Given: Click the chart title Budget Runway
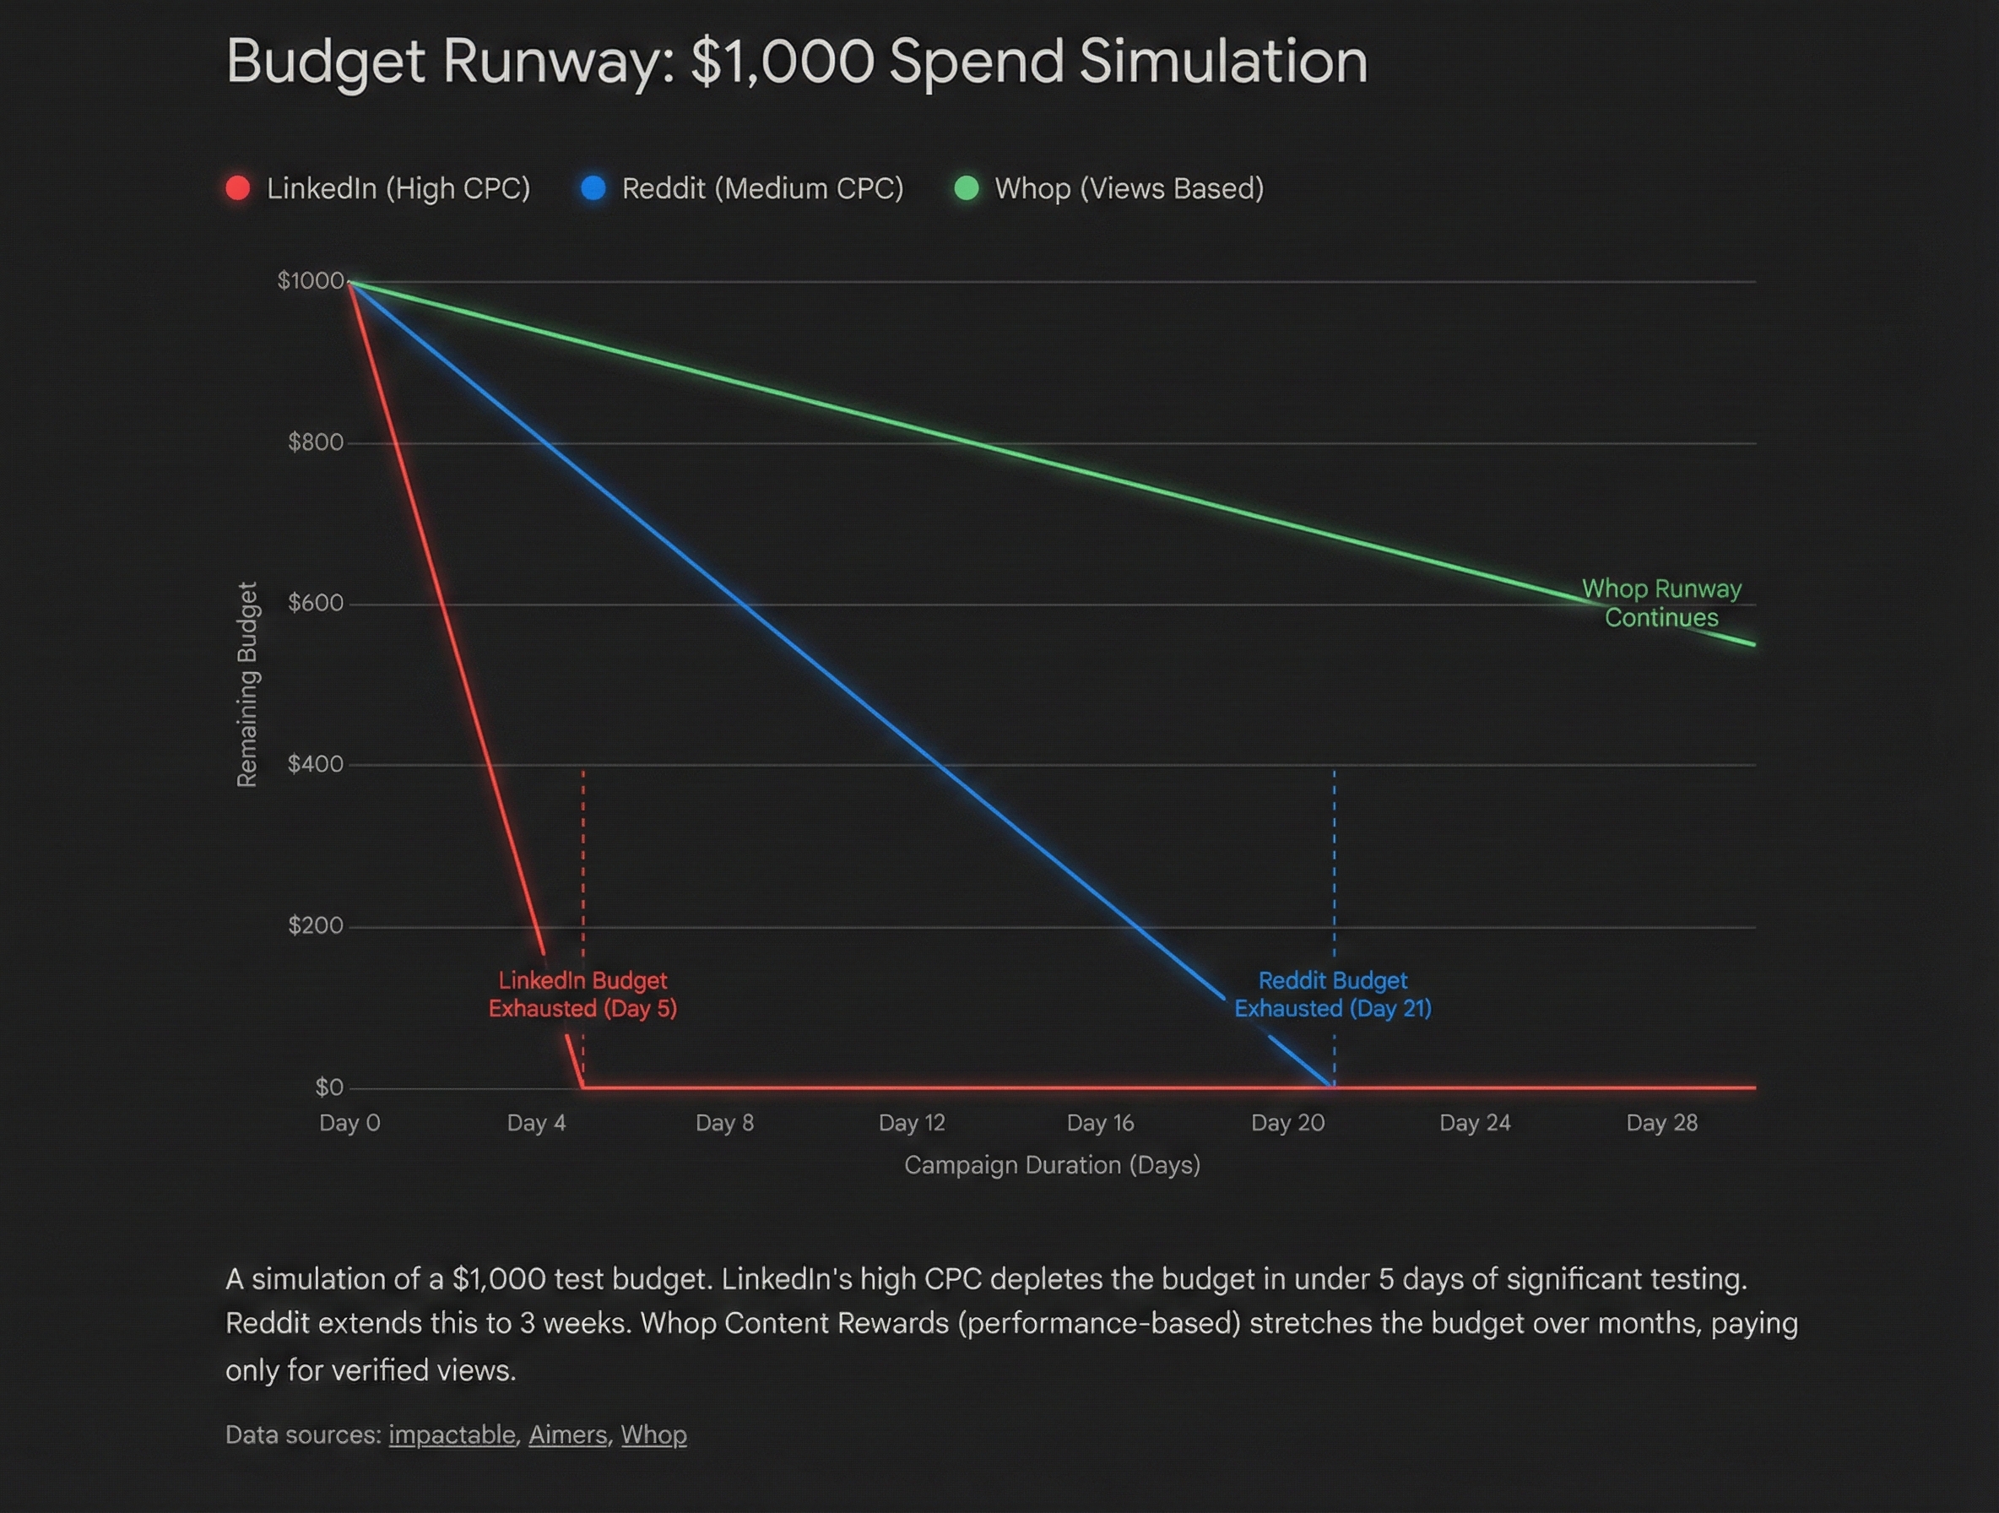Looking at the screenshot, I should (x=795, y=62).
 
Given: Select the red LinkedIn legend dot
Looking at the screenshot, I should (x=238, y=188).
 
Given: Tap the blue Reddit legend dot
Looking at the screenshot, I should (x=593, y=188).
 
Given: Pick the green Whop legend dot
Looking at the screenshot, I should (x=966, y=188).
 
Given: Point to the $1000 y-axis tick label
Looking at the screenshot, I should (x=310, y=281).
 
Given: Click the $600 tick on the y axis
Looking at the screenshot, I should (x=316, y=603).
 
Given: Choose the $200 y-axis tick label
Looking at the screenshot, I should (x=316, y=925).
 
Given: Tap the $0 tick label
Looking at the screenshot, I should (x=329, y=1087).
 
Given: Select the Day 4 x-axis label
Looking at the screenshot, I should (x=536, y=1124).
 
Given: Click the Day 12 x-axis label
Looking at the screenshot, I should (x=912, y=1124).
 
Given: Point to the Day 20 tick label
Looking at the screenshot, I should (x=1287, y=1124).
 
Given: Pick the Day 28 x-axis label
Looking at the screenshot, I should (x=1662, y=1124).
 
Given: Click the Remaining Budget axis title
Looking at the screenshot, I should (x=246, y=684).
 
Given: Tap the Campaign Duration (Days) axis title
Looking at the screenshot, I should (x=1052, y=1165).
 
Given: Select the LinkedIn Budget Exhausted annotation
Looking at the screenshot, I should (x=582, y=995).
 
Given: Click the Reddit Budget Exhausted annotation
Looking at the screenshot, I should (x=1333, y=995).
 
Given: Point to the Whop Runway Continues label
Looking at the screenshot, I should (x=1661, y=603).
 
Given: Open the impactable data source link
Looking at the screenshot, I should (x=452, y=1435).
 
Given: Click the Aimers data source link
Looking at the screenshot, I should (x=567, y=1435).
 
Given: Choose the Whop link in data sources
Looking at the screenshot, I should (x=653, y=1435).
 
